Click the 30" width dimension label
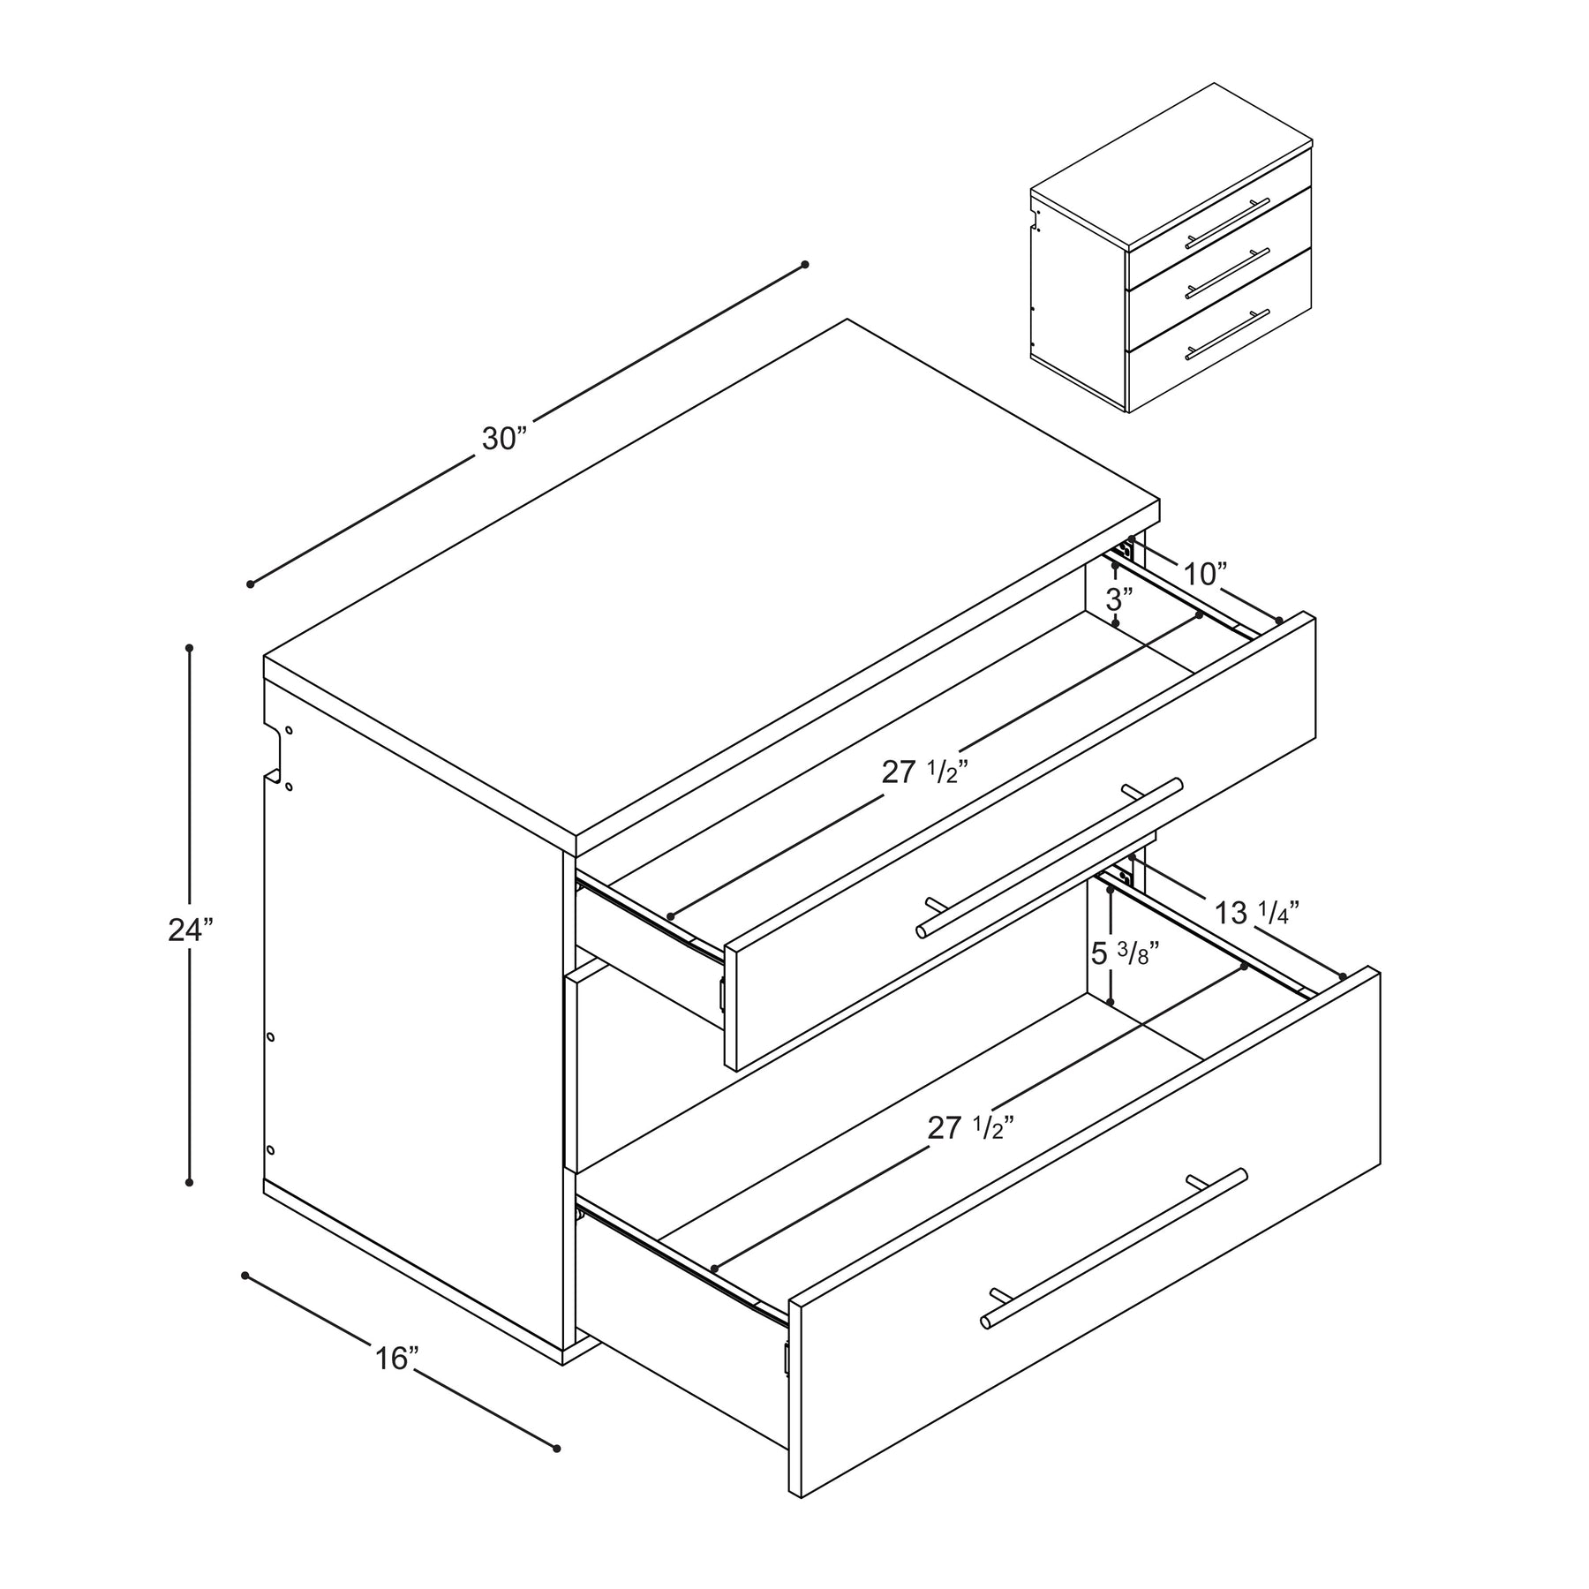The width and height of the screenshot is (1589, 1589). point(504,439)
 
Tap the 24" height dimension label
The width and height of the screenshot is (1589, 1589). point(191,930)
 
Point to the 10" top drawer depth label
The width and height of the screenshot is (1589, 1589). point(1205,575)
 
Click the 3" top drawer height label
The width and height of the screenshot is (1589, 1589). point(1119,599)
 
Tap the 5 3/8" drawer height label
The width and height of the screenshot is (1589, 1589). point(1125,953)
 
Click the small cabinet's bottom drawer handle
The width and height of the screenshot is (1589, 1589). point(1228,335)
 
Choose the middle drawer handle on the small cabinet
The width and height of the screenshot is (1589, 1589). point(1228,273)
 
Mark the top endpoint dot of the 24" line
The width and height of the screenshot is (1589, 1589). point(189,648)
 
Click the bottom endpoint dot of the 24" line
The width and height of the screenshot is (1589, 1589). point(189,1182)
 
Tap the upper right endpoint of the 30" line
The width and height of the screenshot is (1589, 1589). point(804,265)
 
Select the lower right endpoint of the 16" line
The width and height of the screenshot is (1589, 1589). point(556,1449)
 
